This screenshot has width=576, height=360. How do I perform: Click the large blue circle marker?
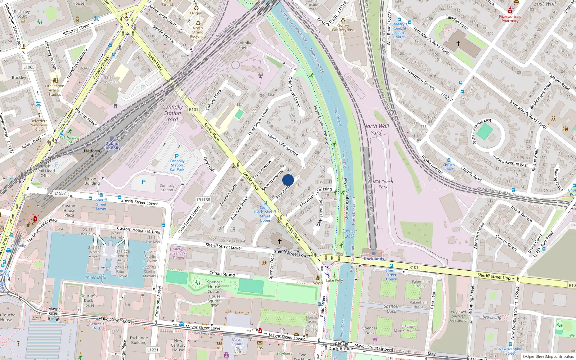click(x=288, y=180)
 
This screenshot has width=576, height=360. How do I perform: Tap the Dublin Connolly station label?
click(x=112, y=146)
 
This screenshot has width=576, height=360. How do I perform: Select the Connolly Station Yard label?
click(x=172, y=113)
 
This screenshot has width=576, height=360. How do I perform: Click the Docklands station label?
click(x=374, y=259)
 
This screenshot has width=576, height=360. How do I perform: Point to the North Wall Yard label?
click(x=376, y=129)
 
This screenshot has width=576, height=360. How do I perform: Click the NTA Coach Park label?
click(x=383, y=184)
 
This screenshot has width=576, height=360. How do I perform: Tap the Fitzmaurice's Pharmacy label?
click(x=510, y=18)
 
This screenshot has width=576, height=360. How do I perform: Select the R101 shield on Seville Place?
click(x=193, y=109)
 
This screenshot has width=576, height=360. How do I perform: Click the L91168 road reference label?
click(x=203, y=200)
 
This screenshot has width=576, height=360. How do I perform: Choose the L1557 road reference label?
click(x=60, y=193)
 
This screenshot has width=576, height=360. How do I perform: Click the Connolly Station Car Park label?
click(x=177, y=165)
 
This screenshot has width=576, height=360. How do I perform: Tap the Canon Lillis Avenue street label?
click(x=283, y=144)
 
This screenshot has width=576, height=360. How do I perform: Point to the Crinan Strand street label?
click(x=222, y=274)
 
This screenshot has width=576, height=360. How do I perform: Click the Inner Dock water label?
click(x=96, y=277)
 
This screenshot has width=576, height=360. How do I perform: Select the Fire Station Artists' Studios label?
click(x=55, y=90)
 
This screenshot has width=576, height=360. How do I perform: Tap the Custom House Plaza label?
click(x=69, y=211)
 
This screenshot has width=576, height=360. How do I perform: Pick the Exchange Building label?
click(x=139, y=340)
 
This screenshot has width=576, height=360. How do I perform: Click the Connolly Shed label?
click(x=243, y=45)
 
